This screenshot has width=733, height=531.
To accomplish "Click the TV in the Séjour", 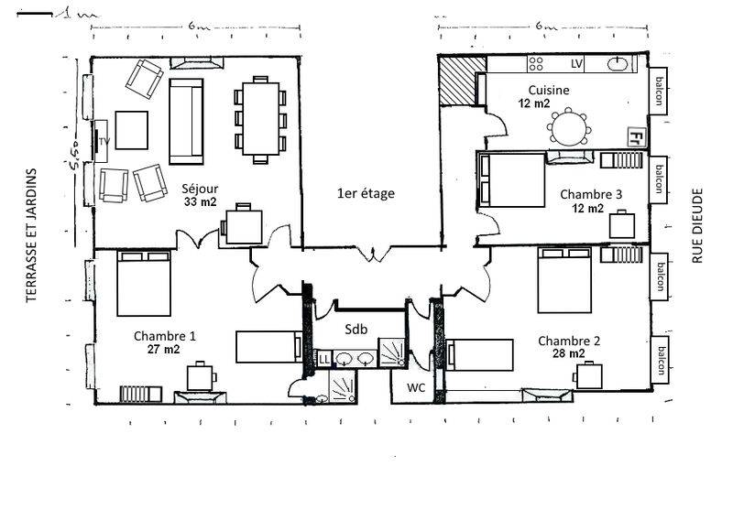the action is point(101,142).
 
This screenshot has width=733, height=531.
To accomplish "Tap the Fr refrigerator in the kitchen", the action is point(636,136).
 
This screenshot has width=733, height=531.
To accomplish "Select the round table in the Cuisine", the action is point(568,127).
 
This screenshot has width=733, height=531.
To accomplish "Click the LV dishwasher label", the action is point(576,63).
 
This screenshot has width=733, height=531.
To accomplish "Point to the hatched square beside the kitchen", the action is point(456,81).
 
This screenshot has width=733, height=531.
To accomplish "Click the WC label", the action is point(416,387).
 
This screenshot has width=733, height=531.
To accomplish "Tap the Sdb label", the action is point(356,330).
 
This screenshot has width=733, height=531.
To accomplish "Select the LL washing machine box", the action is point(324,359).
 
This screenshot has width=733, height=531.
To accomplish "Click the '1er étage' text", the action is point(366,193).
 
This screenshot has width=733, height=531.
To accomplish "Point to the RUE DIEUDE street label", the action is point(697,225).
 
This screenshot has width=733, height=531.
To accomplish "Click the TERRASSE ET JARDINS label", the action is point(31,235).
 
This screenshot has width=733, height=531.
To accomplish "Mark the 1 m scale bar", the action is point(35,15).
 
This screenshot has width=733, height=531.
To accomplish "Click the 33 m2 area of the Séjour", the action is point(200,201).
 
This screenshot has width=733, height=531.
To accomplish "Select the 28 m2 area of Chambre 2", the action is point(568,353).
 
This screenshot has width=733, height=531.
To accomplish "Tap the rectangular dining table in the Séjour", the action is point(261,119).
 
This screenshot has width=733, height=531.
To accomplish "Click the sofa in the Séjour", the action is point(186,122).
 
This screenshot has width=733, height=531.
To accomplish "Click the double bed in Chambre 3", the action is point(511,179).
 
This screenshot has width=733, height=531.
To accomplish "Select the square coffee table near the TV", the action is point(132,130).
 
